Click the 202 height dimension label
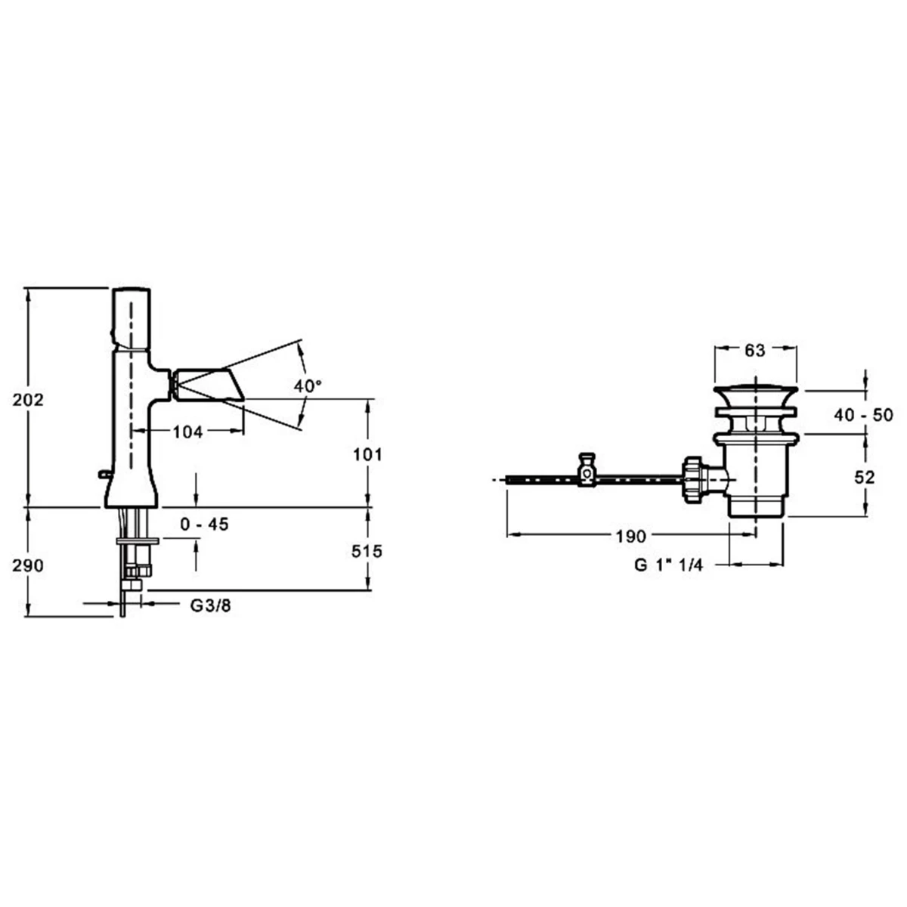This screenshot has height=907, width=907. [28, 400]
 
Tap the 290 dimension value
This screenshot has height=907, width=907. [28, 565]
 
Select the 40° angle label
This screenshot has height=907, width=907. [308, 386]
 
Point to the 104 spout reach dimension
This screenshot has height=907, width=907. [187, 432]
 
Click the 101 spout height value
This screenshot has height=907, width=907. [367, 455]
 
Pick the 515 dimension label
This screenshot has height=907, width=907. [367, 551]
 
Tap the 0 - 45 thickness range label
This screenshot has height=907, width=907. [204, 524]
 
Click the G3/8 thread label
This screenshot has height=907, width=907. [210, 605]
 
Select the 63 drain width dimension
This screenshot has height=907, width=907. [755, 350]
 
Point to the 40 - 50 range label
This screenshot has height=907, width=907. [863, 415]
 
